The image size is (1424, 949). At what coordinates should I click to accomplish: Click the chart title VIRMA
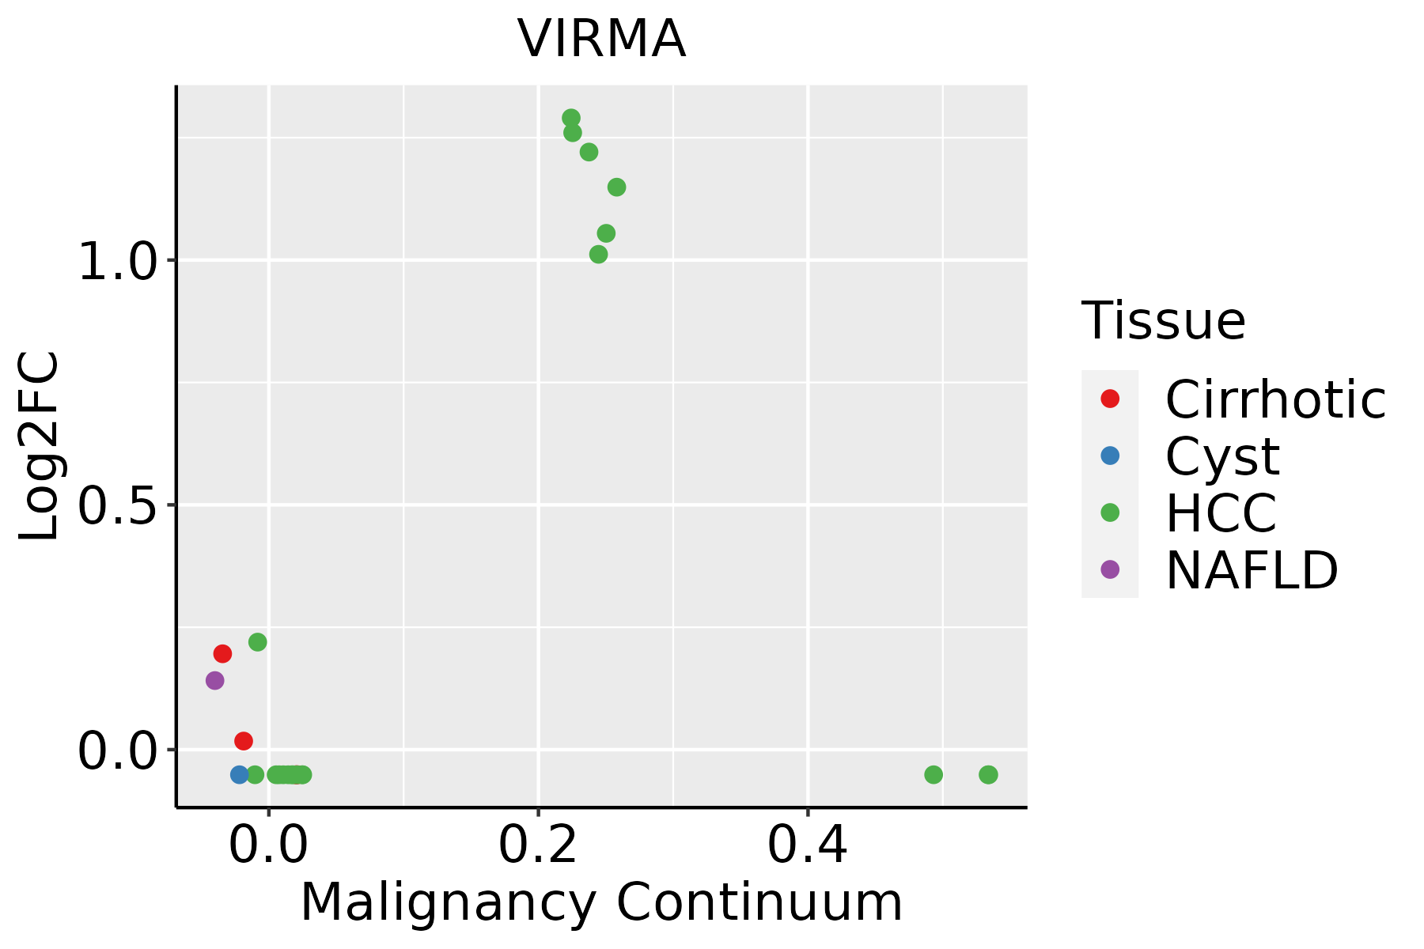[x=601, y=40]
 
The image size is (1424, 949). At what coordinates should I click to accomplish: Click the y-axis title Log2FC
[x=40, y=446]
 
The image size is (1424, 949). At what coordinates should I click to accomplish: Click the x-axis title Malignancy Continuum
[x=601, y=902]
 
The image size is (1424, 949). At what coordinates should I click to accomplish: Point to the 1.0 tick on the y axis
[x=119, y=261]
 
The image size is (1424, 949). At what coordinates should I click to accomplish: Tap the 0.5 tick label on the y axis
[x=119, y=506]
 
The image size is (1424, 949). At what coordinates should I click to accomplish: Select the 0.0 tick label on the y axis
[x=119, y=751]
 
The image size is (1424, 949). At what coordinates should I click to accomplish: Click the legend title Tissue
[x=1163, y=320]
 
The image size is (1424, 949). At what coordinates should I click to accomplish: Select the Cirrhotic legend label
[x=1275, y=399]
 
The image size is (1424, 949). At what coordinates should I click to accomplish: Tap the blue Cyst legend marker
[x=1110, y=456]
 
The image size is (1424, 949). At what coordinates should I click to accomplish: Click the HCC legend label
[x=1221, y=512]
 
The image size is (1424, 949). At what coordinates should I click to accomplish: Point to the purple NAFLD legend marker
[x=1110, y=569]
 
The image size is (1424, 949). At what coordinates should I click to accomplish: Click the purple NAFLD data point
[x=214, y=680]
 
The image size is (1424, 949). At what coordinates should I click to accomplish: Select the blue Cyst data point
[x=240, y=774]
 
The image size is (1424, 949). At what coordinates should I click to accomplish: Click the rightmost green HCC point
[x=988, y=774]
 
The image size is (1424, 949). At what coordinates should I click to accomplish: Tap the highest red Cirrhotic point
[x=222, y=653]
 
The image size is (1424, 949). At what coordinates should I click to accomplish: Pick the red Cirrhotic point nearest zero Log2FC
[x=244, y=741]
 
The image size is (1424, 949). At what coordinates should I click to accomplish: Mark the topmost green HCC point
[x=571, y=118]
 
